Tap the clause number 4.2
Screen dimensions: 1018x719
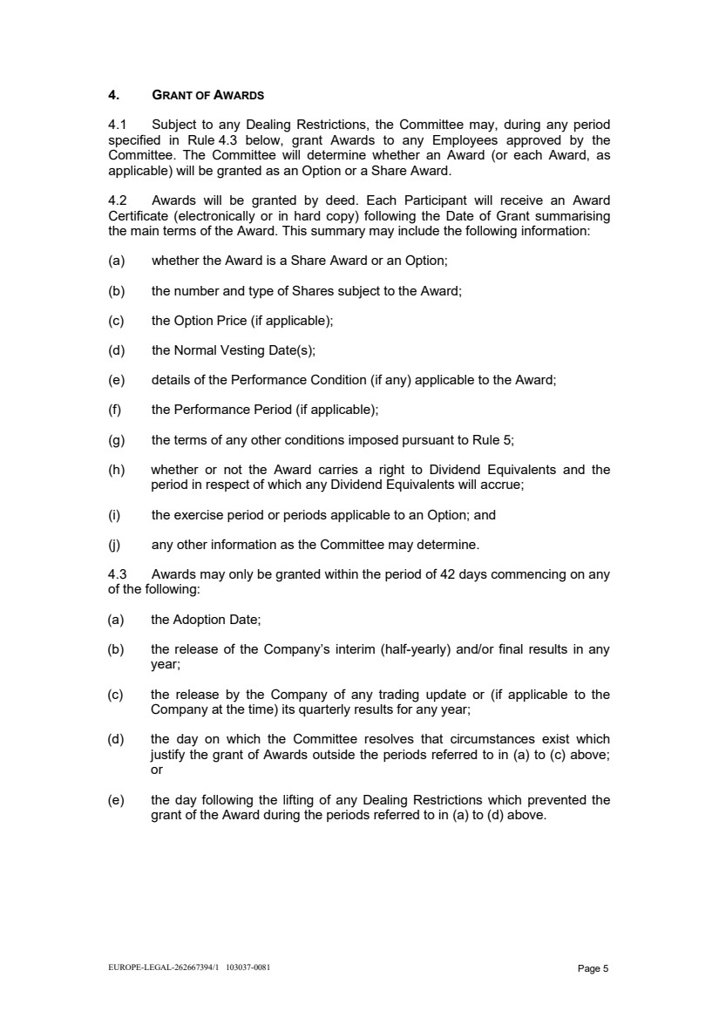point(118,200)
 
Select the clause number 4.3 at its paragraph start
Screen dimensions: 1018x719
point(118,574)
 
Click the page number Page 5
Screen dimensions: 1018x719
point(593,968)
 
